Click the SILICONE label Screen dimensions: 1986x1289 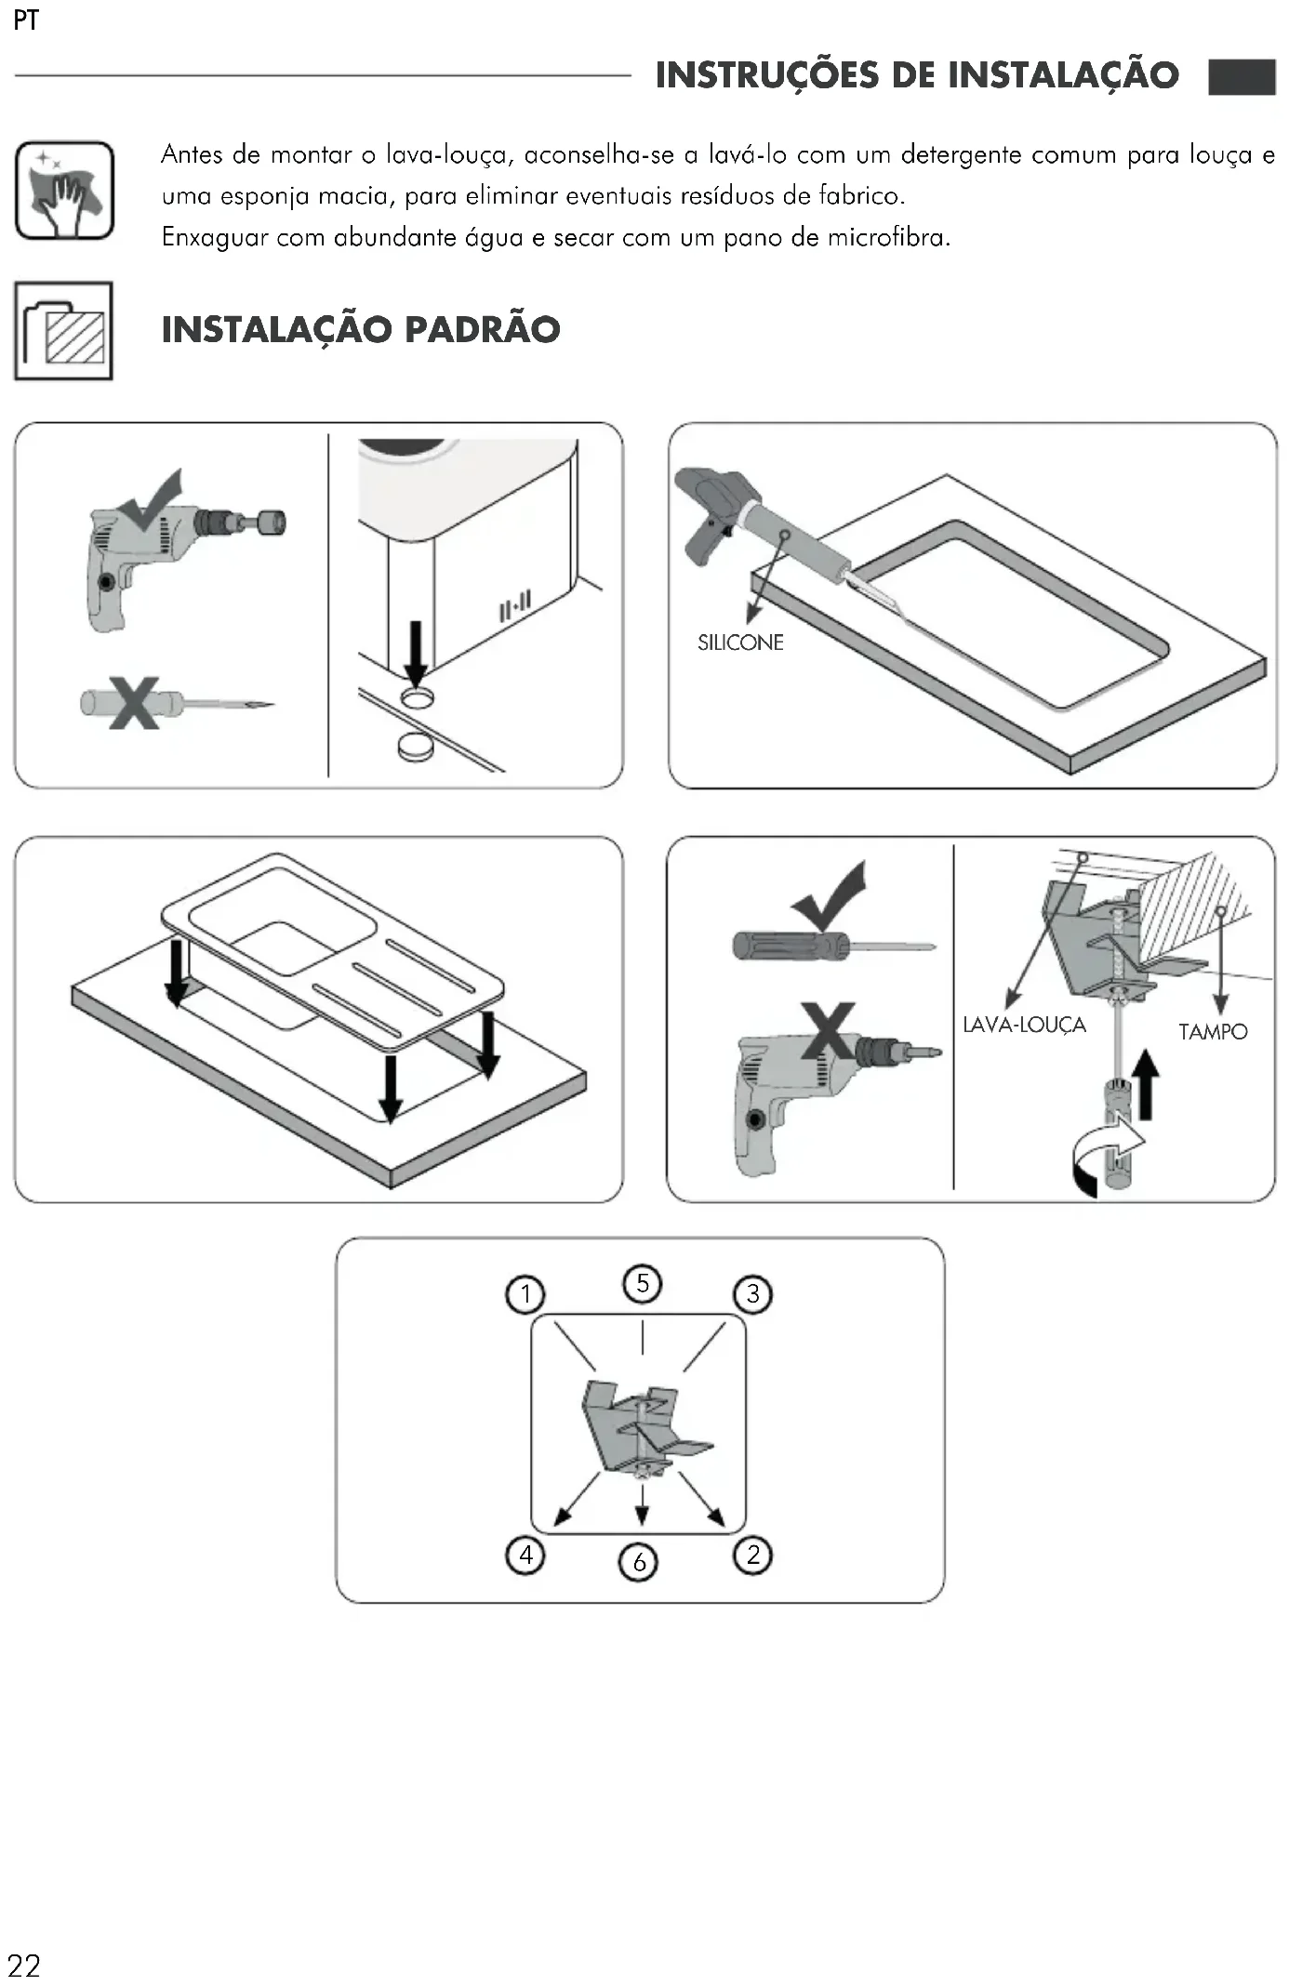click(740, 642)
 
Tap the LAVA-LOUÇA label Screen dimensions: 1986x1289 click(1024, 1025)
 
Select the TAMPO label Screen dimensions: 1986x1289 click(1213, 1031)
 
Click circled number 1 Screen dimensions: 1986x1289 click(525, 1293)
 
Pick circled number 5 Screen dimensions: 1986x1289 click(643, 1283)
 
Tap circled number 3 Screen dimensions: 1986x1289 click(753, 1293)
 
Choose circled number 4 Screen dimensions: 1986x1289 click(525, 1554)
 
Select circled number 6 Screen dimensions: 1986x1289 click(639, 1561)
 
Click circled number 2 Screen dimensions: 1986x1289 click(753, 1554)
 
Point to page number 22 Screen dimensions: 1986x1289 click(24, 1965)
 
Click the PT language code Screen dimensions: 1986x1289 click(26, 20)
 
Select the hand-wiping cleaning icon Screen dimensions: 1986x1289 click(64, 191)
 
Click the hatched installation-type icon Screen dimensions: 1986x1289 click(64, 331)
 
